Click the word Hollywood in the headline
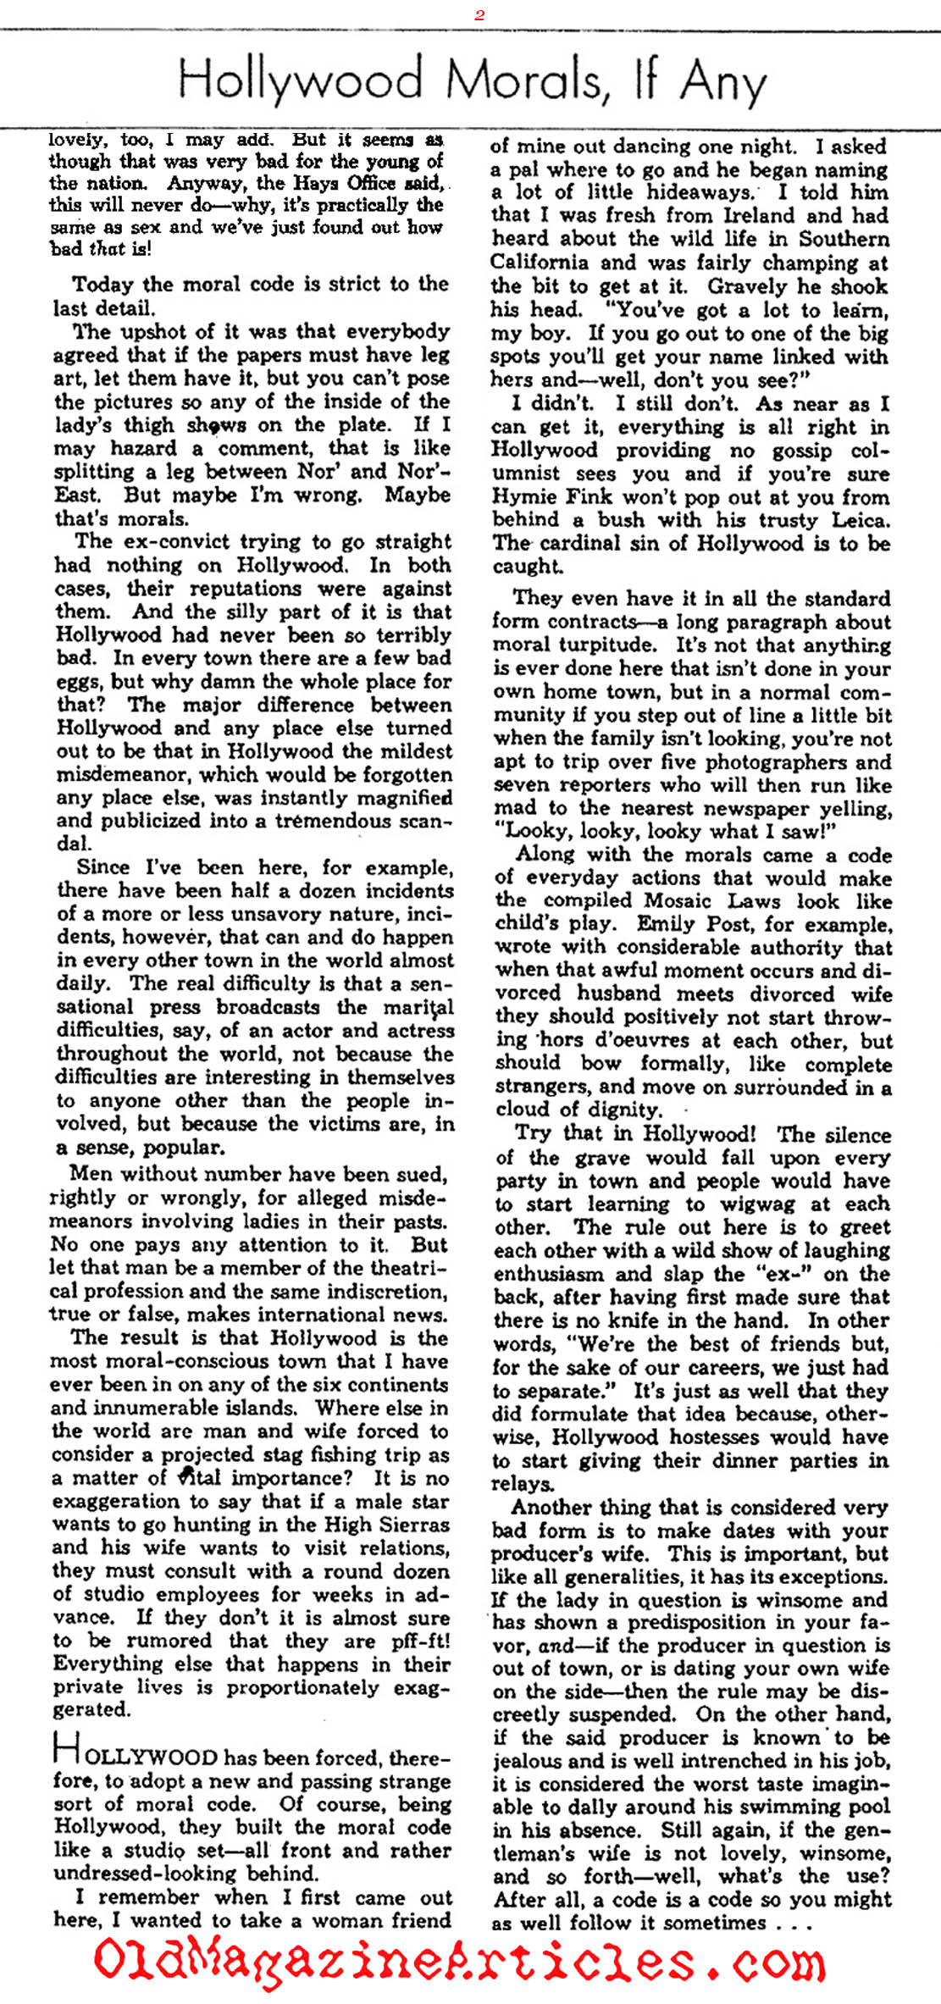click(x=301, y=80)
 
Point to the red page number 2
click(x=479, y=14)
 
